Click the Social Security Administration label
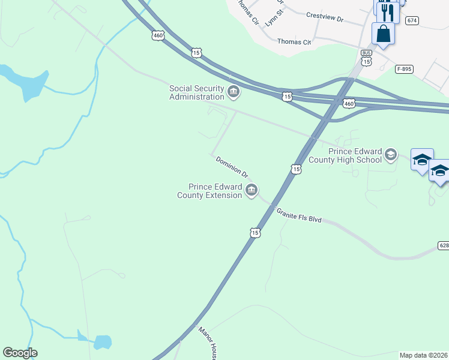196,92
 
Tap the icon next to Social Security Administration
234,92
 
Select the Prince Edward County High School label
345,155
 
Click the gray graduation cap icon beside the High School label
391,155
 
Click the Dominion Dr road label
232,167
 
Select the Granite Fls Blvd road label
299,215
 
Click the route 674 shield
411,20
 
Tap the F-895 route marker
404,70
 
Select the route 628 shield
444,245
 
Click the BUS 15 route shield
366,58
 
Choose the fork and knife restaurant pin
387,10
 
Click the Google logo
20,353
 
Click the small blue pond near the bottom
102,342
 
